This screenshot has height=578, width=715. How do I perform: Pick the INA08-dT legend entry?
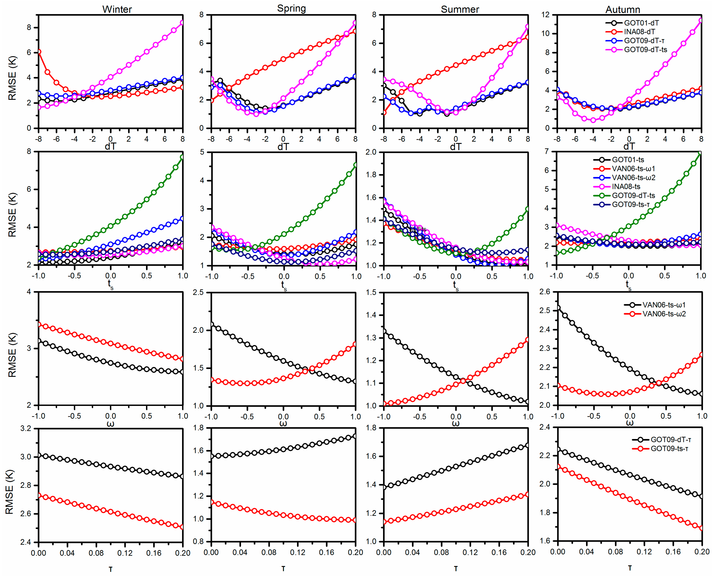pos(639,32)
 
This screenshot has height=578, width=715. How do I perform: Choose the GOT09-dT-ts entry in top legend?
pos(645,50)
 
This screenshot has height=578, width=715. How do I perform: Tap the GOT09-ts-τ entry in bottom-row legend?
pos(669,449)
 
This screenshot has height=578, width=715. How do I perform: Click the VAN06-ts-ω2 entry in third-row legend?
pos(664,314)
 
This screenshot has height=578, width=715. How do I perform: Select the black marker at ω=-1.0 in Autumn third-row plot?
pos(557,308)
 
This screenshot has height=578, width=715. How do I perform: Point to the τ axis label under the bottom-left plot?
pos(111,570)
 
